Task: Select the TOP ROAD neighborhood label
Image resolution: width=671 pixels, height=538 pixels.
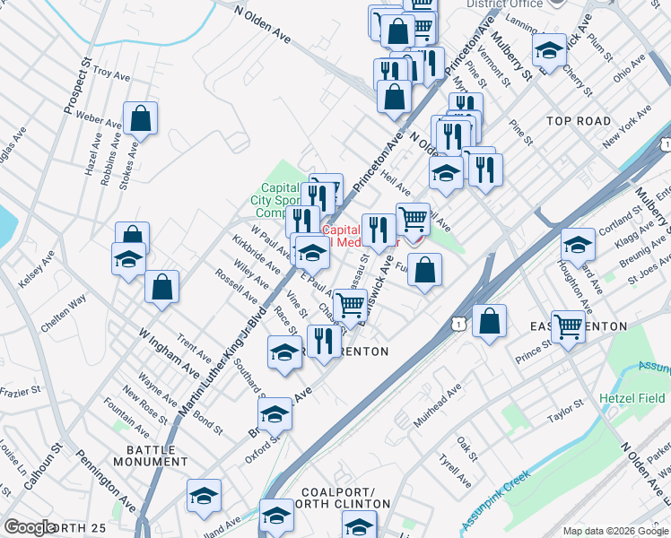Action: pos(579,120)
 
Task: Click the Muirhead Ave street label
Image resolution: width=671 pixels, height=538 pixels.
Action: pos(437,404)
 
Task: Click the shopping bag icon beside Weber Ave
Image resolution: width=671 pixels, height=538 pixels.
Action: pos(141,117)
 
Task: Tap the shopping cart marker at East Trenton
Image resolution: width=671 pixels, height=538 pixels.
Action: pos(569,327)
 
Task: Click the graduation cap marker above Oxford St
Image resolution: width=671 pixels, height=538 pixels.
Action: pos(275,413)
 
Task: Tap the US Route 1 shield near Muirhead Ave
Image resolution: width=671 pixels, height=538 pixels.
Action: pos(459,322)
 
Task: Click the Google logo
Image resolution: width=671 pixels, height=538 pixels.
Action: pos(30,527)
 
